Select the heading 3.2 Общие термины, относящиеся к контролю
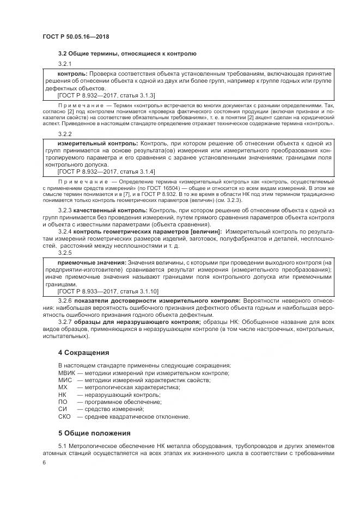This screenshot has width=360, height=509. coord(127,53)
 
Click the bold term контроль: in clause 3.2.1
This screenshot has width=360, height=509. coord(72,73)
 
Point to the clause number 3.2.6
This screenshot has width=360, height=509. coord(65,300)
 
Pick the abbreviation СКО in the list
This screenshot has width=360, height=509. coord(64,416)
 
